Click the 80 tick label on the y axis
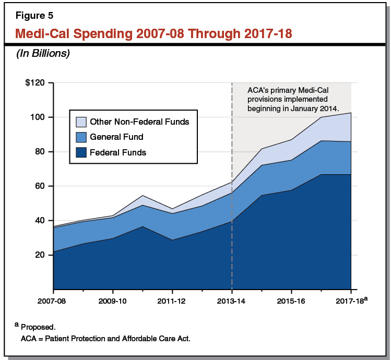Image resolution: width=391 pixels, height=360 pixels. (40, 152)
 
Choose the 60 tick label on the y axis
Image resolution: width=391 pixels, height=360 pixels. (40, 186)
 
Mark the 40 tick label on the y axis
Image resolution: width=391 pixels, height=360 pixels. (40, 221)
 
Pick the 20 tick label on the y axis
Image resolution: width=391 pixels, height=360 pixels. (40, 255)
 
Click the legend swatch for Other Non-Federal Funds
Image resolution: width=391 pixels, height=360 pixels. (81, 122)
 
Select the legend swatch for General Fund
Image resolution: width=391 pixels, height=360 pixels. (81, 137)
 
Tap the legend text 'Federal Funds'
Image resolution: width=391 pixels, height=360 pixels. (118, 152)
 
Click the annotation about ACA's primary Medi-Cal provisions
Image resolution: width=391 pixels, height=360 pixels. (293, 99)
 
